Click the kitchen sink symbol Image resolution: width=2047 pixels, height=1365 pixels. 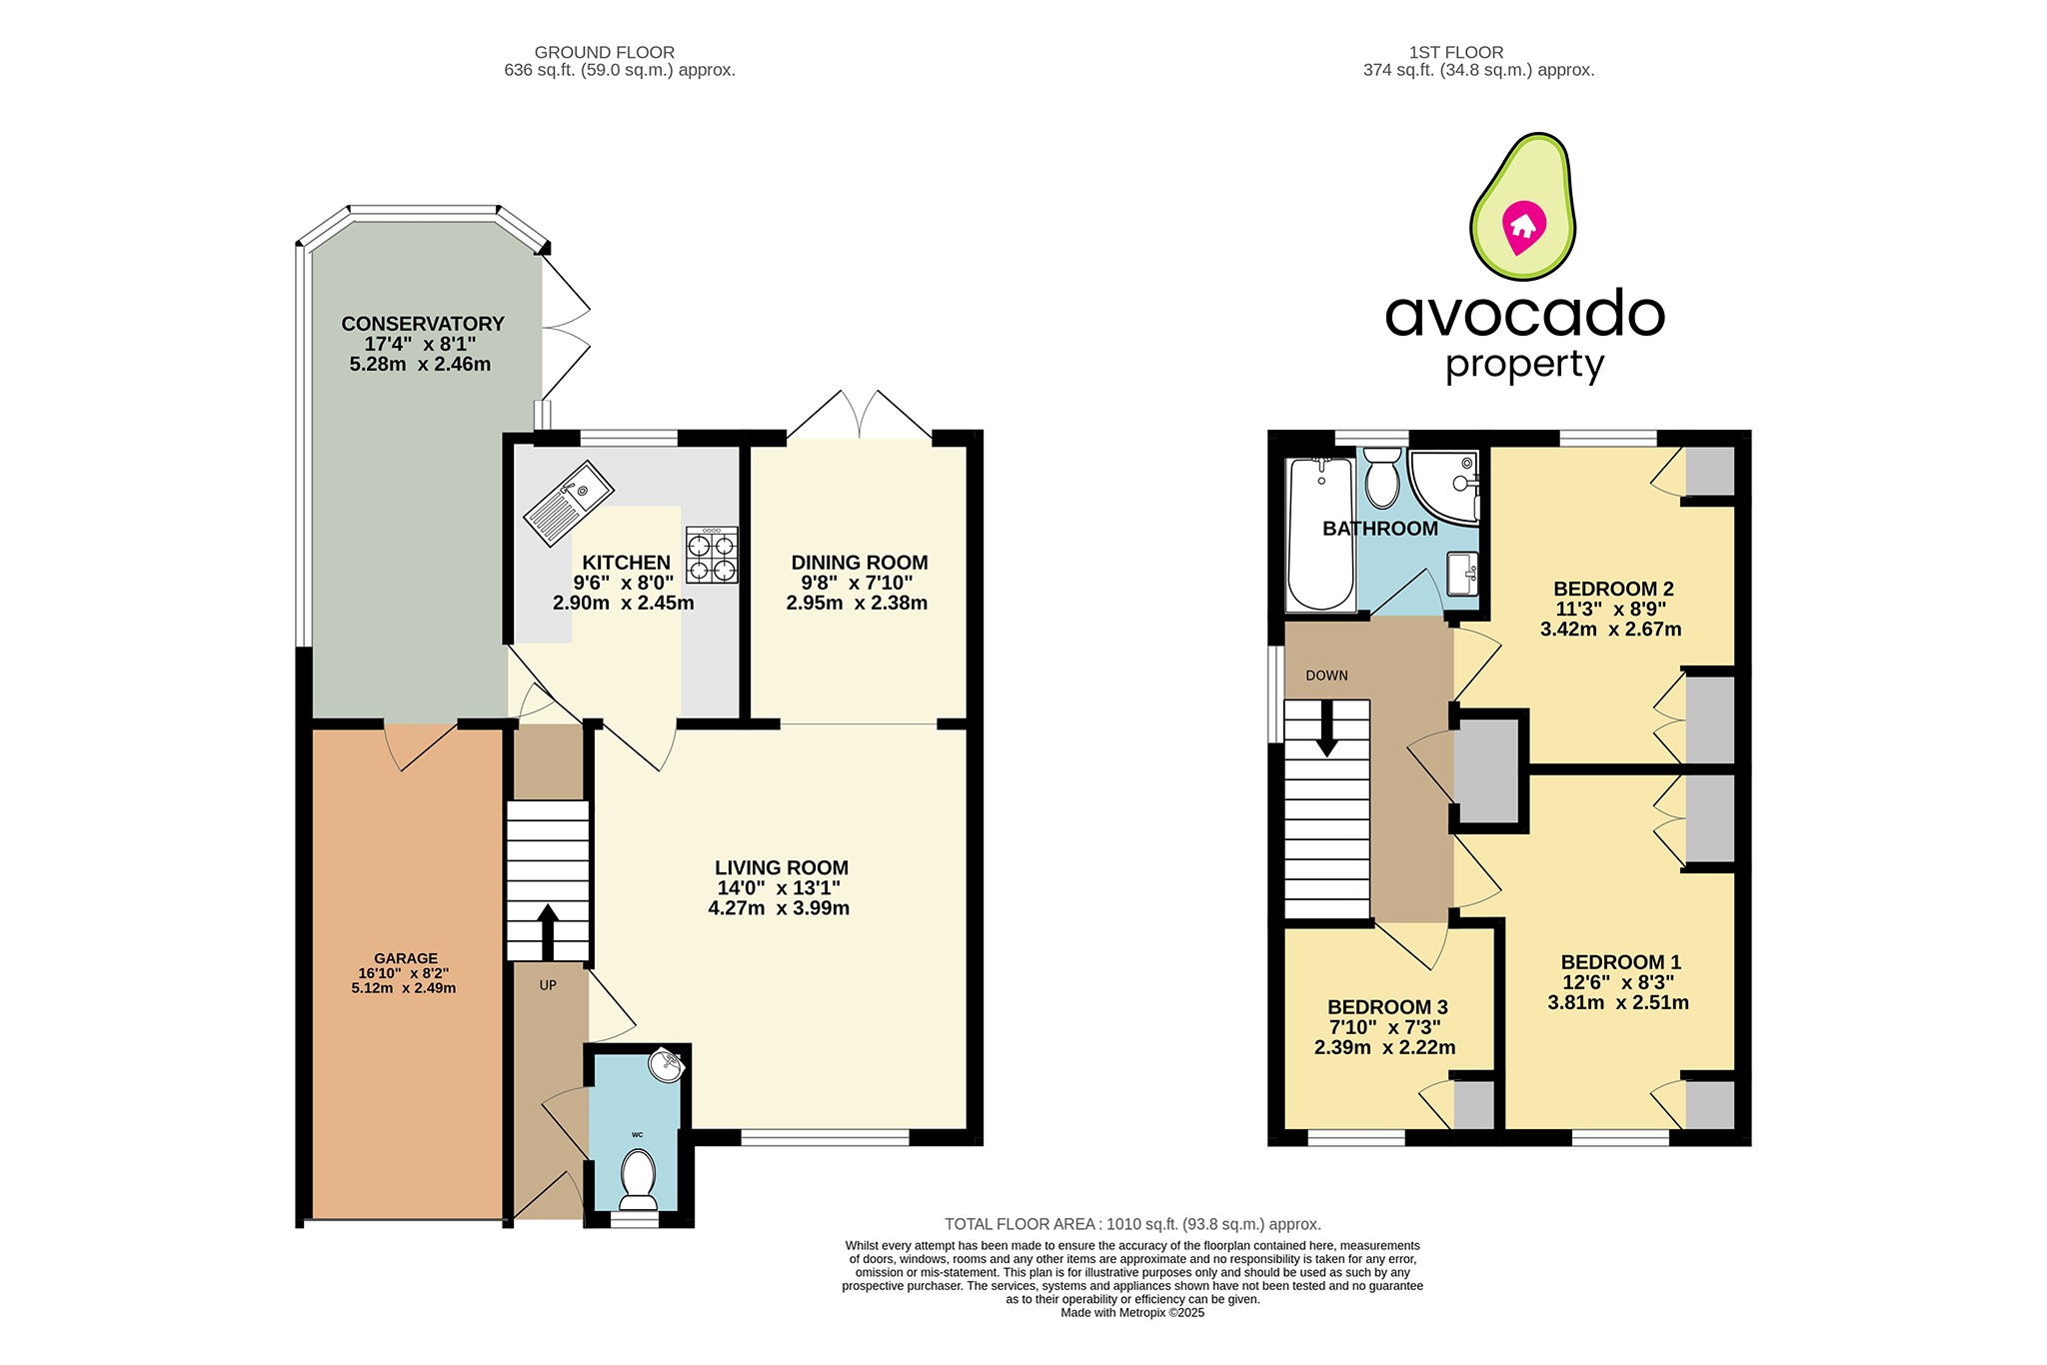[x=569, y=504]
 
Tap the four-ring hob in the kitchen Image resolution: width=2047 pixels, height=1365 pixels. [x=712, y=555]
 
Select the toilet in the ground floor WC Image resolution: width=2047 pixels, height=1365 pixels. [x=638, y=1179]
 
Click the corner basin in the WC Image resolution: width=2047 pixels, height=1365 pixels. [x=666, y=1064]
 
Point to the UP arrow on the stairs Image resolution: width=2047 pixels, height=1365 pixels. [x=548, y=931]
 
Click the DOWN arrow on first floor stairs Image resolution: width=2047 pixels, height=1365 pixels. [x=1326, y=728]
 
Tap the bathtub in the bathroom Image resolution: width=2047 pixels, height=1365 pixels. [x=1320, y=534]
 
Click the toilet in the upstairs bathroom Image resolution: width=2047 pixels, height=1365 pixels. [x=1382, y=478]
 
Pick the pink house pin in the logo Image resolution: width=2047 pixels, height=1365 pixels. [x=1523, y=226]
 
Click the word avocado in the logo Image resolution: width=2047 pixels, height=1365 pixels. [x=1524, y=314]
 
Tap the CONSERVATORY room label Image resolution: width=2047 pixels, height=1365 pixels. [x=423, y=324]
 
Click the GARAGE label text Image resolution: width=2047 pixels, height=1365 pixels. [x=406, y=958]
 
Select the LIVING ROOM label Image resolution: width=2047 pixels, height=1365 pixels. [x=782, y=868]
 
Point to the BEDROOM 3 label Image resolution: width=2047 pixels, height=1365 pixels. [x=1387, y=1007]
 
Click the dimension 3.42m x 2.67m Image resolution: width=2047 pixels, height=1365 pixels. [x=1610, y=630]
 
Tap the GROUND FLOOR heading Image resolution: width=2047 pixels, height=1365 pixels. [x=605, y=52]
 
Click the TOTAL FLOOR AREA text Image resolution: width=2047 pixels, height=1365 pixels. [x=1132, y=1224]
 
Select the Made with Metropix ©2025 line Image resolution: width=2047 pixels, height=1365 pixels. [x=1132, y=1313]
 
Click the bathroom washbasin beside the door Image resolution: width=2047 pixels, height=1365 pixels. [x=1463, y=574]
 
